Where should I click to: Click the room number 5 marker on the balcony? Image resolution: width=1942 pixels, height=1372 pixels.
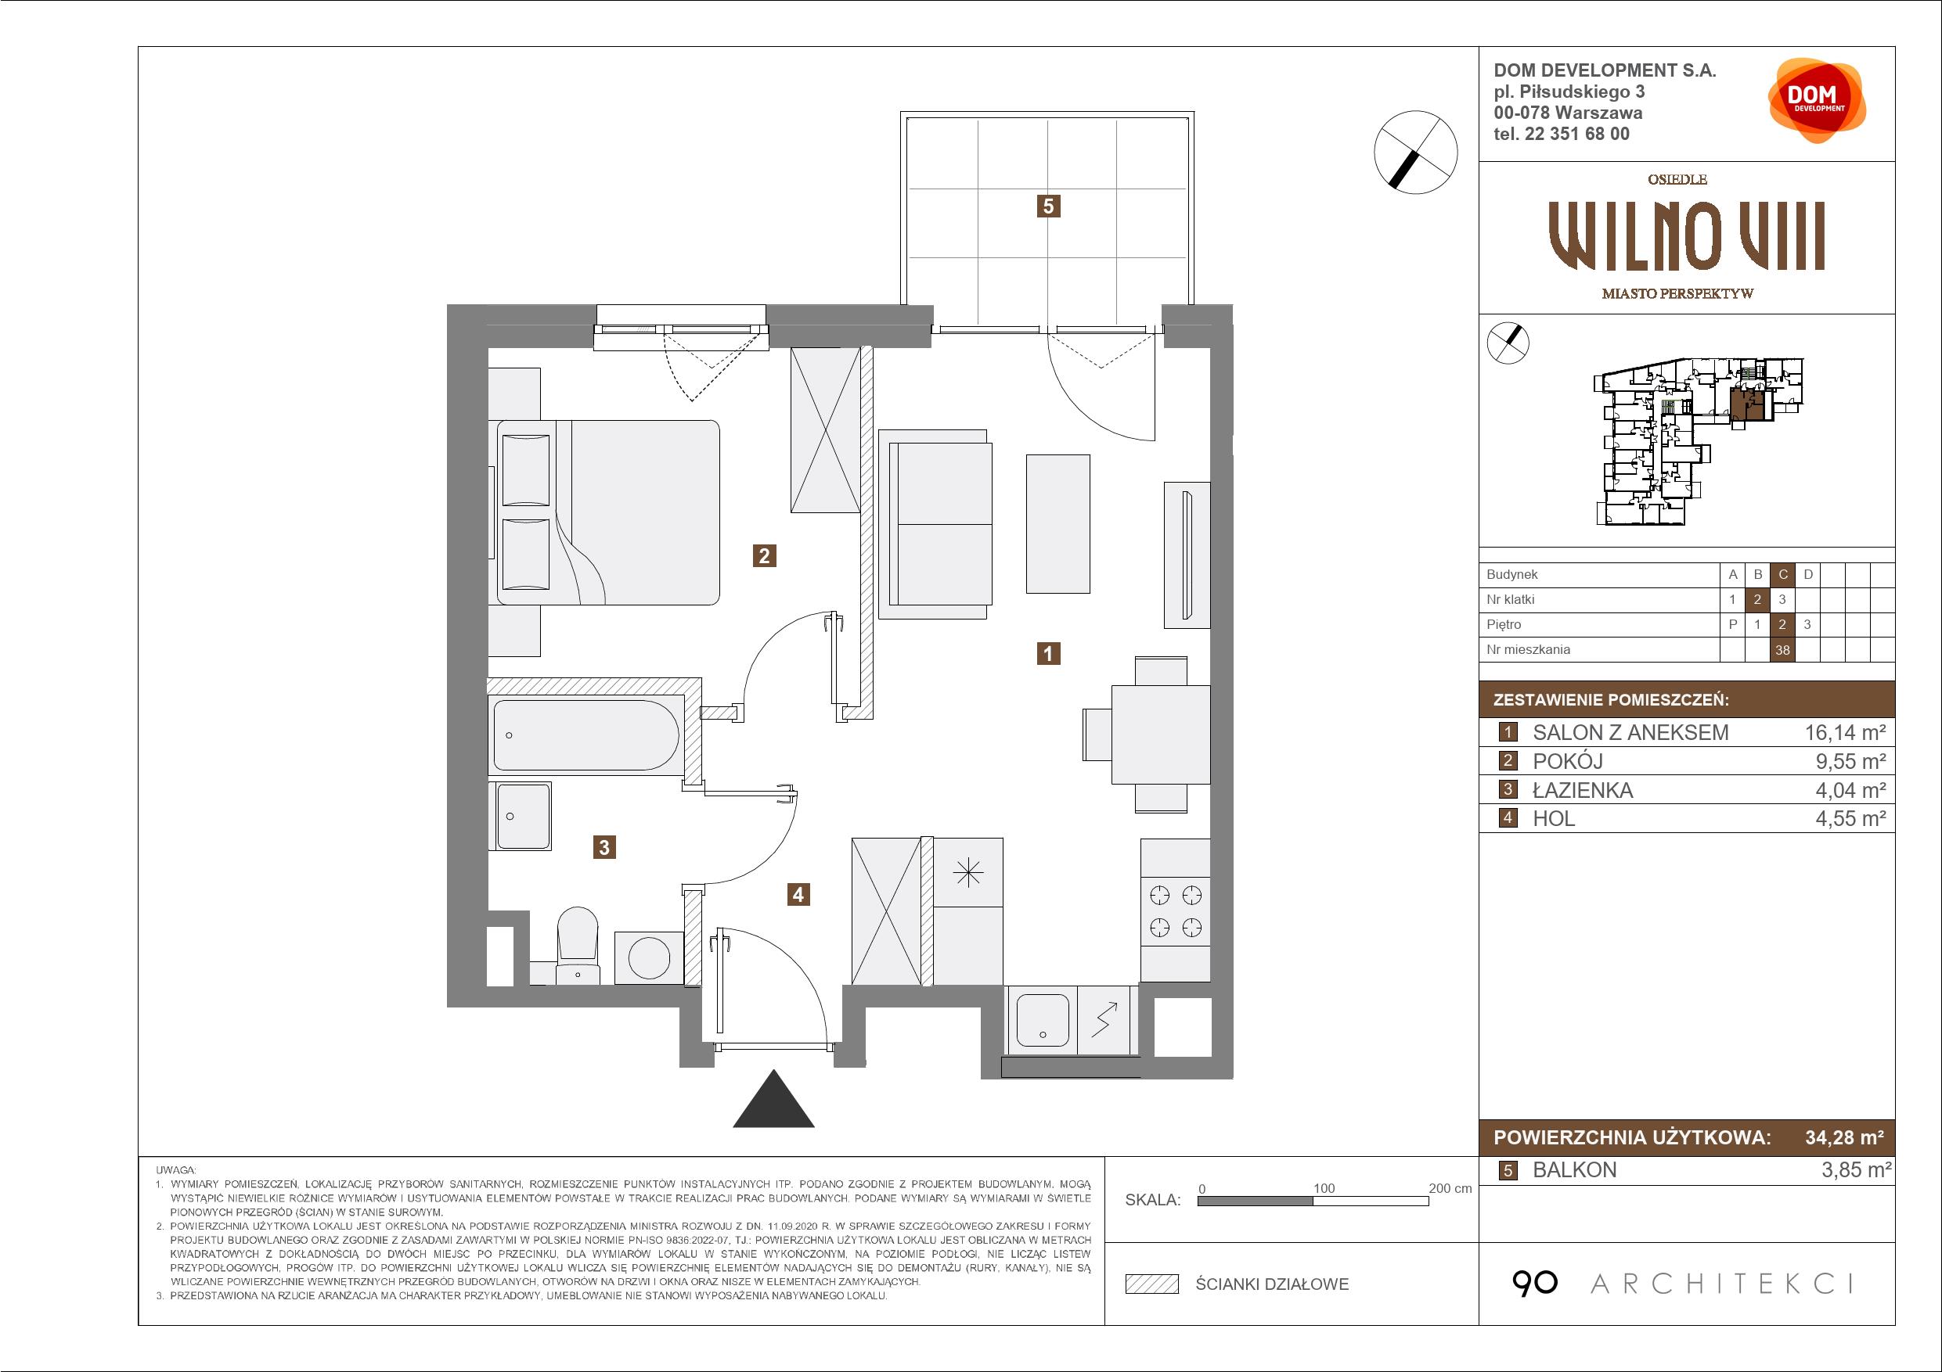1048,206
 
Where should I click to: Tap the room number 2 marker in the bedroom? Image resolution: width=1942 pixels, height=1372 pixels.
765,555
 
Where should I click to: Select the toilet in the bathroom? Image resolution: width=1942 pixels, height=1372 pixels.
578,946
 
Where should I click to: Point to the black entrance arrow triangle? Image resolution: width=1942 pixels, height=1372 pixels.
773,1099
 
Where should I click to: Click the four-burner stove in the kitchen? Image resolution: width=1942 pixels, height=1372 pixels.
1175,911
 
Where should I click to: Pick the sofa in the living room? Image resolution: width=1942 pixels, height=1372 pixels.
935,524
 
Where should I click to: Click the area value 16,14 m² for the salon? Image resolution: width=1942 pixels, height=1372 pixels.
1845,732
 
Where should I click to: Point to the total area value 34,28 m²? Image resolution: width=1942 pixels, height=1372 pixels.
1844,1137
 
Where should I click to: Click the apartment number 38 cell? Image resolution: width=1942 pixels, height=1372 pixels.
1783,650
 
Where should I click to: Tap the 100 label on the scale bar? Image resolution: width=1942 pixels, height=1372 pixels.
1324,1188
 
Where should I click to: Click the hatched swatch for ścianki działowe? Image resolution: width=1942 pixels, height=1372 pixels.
1152,1284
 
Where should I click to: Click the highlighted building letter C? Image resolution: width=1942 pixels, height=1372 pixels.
1783,575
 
